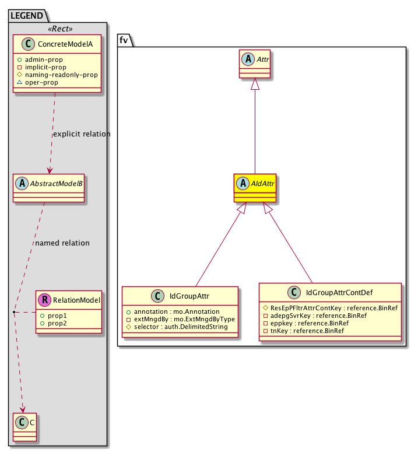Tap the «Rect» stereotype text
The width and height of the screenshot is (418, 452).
point(58,28)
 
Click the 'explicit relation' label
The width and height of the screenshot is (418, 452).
point(81,134)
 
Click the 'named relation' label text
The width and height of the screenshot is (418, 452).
point(62,243)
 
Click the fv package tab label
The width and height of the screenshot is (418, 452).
point(124,39)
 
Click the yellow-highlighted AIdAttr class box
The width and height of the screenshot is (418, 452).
point(254,187)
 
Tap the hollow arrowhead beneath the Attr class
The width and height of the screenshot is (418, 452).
point(254,85)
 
